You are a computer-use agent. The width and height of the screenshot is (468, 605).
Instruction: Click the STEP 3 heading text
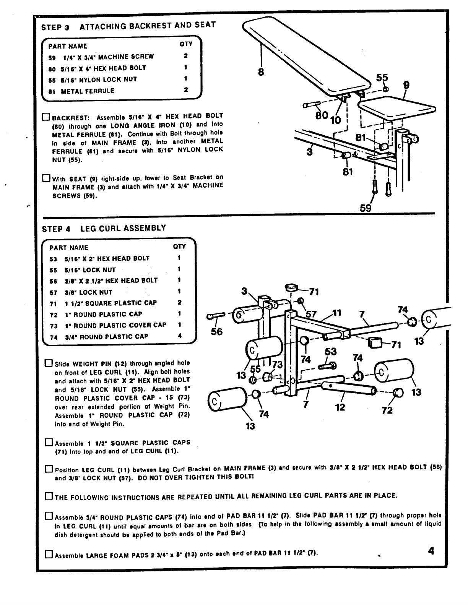128,26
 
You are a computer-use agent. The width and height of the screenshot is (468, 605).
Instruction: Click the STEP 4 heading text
104,228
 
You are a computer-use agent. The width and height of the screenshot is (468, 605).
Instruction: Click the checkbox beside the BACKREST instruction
46,116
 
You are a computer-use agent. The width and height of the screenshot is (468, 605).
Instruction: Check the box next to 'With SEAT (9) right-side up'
46,178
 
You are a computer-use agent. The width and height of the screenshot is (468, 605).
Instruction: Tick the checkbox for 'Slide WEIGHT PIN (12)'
49,363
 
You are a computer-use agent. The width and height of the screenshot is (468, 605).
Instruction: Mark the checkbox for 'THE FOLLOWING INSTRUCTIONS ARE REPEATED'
49,496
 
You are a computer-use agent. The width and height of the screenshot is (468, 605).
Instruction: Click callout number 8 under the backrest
261,72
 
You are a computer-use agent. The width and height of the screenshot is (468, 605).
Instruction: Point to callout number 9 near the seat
406,86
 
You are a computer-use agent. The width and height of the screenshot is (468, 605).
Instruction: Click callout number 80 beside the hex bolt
322,115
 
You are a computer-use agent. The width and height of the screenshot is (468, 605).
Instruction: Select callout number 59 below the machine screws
366,208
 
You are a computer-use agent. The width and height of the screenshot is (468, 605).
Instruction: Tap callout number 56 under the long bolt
216,332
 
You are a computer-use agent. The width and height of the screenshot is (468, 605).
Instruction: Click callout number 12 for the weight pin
340,407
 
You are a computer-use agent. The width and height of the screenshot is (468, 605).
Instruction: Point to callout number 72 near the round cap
387,410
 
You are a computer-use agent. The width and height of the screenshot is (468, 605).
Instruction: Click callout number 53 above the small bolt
330,352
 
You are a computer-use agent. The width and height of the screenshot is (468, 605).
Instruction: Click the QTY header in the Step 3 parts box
186,44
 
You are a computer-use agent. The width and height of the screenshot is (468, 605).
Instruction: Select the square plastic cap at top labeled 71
292,287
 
